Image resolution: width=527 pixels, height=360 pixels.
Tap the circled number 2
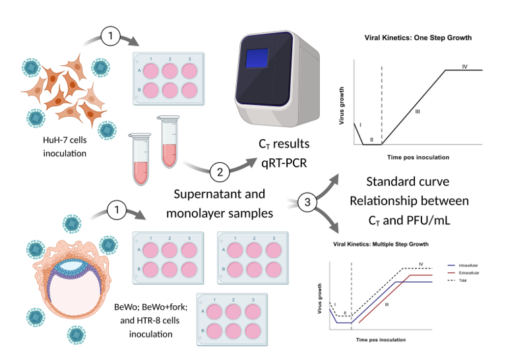pyautogui.click(x=219, y=173)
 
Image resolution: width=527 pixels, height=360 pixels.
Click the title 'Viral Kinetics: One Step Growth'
pyautogui.click(x=418, y=38)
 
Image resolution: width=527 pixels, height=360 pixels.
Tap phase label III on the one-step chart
pyautogui.click(x=417, y=113)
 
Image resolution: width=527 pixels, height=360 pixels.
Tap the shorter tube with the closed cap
pyautogui.click(x=140, y=159)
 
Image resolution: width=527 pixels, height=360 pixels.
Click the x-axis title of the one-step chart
pyautogui.click(x=418, y=158)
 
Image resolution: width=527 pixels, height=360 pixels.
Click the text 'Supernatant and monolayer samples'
pyautogui.click(x=220, y=204)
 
